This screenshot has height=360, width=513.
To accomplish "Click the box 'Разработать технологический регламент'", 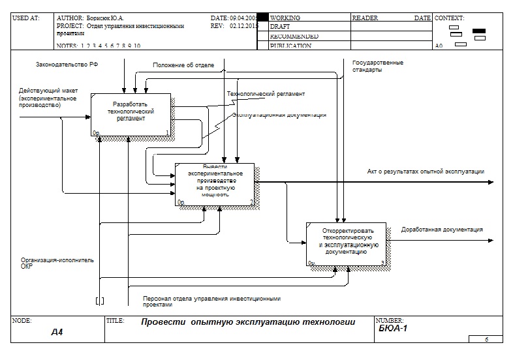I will point(131,114).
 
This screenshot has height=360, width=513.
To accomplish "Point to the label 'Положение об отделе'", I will point(183,65).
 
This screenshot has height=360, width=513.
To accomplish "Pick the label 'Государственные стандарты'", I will point(377,66).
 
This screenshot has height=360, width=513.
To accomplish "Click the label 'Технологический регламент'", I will point(266,94).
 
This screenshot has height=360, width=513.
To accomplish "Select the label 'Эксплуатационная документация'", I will point(279,115).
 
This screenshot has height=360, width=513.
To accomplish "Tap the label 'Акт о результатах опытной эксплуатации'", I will point(426,172).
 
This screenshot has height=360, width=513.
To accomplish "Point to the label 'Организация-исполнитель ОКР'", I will point(57,262).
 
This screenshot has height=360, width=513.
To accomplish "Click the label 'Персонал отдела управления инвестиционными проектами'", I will point(211,301).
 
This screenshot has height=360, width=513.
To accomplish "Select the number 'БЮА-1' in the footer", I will point(393,329).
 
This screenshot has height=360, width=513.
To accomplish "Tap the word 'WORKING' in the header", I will point(285,18).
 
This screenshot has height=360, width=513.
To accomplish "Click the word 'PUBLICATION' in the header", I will point(290,46).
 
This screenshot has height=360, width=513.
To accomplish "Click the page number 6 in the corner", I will point(486,339).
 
